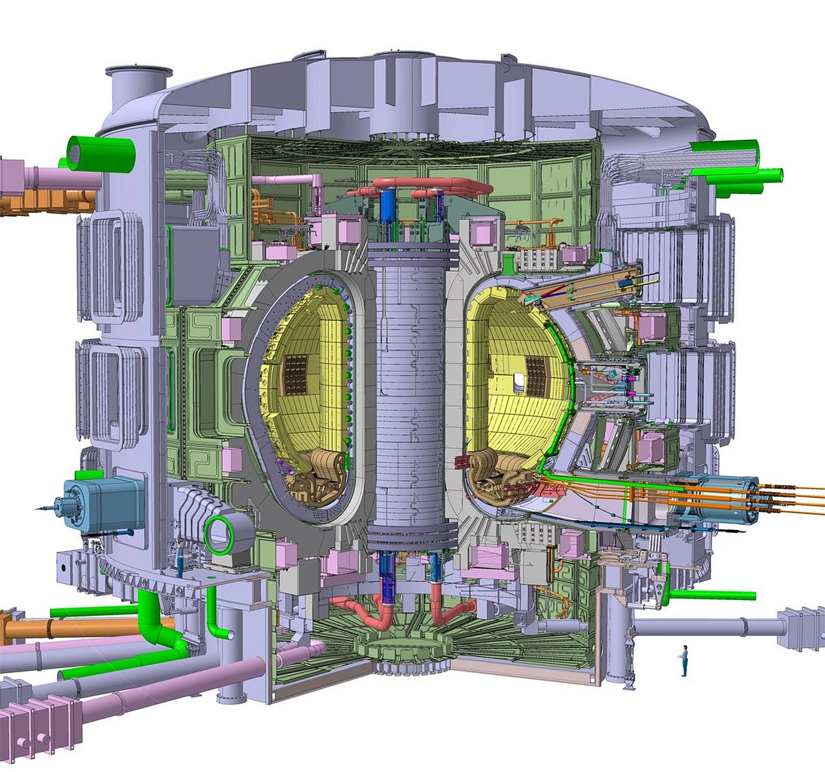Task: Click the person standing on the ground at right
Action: click(x=684, y=660)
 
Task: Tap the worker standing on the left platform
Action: click(x=181, y=557)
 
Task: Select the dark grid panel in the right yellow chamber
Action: click(x=535, y=374)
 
